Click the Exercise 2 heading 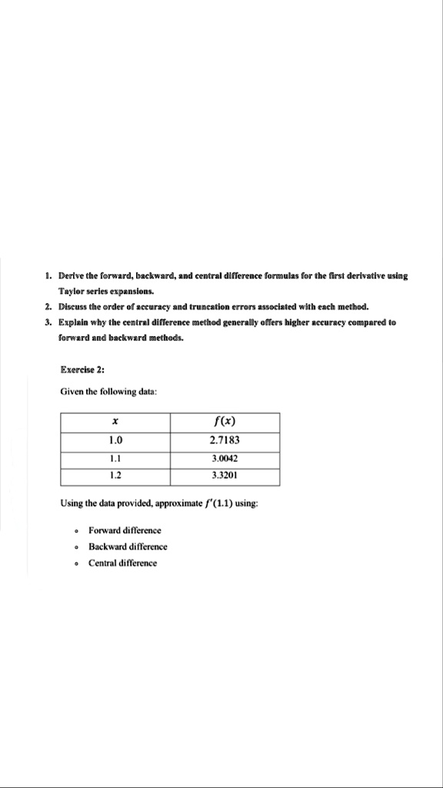tap(82, 369)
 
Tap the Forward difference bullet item tap(125, 530)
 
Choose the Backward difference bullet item tap(128, 546)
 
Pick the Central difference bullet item tap(122, 563)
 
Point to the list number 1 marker tap(48, 275)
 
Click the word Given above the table tap(72, 392)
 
